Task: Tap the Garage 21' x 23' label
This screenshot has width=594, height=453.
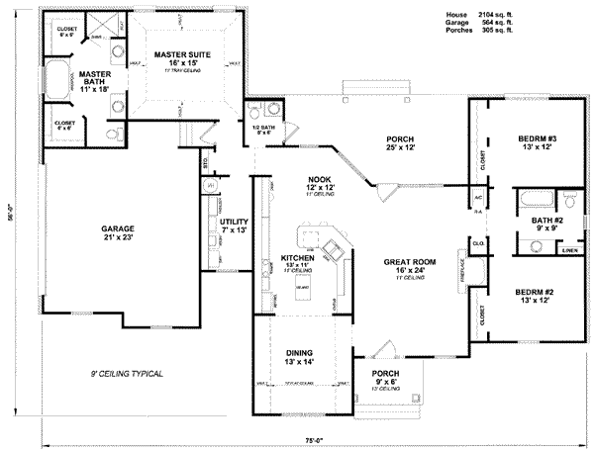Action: pyautogui.click(x=117, y=233)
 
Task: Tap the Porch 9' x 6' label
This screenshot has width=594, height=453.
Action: pyautogui.click(x=386, y=377)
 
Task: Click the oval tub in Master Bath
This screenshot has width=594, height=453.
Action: pyautogui.click(x=54, y=80)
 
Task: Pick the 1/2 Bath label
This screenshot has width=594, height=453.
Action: pyautogui.click(x=263, y=129)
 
